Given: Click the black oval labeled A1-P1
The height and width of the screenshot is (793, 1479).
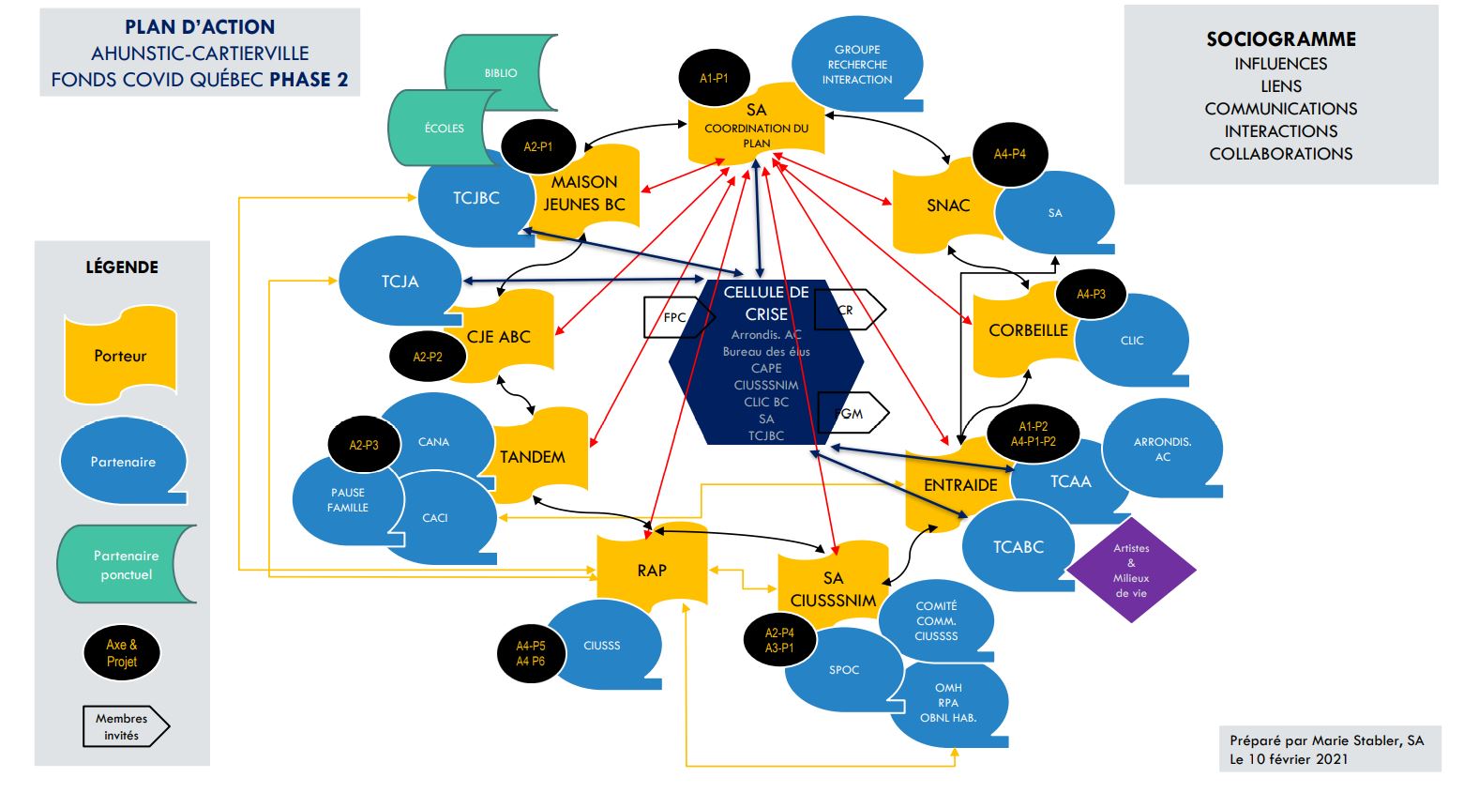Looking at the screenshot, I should pos(714,79).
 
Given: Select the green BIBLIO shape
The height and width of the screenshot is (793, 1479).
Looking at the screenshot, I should pos(501,72).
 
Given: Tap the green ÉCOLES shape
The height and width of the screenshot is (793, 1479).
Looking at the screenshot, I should pos(444,128).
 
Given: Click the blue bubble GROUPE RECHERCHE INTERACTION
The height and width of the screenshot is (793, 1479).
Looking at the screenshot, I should pos(857,65).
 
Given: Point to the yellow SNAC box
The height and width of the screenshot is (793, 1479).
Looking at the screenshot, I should pos(947,206).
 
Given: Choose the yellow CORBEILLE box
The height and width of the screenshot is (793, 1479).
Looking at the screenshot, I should pos(1027,330).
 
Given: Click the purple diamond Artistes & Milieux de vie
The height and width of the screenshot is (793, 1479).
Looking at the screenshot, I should pos(1131,570).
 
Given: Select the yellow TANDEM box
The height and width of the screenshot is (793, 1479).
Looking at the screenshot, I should pos(533,457).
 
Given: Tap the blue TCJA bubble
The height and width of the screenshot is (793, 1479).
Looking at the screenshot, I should pos(400,282).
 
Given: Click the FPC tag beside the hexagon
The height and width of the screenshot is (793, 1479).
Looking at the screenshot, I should pos(675,317).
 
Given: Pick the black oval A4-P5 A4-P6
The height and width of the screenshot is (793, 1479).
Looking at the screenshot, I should pos(530,653).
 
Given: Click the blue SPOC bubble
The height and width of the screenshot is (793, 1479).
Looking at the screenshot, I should pos(843,670).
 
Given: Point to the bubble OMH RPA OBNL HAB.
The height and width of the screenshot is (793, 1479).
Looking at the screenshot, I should pos(948,702).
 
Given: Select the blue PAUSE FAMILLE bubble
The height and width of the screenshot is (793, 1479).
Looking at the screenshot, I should pos(347,500).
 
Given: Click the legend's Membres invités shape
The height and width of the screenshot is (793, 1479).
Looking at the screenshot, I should pos(123,726).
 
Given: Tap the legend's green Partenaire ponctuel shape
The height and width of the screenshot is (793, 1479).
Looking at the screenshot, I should pos(127,565).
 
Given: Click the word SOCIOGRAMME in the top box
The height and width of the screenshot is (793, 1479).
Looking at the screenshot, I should pos(1280,39).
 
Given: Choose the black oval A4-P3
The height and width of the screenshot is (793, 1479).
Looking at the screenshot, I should pos(1090,295).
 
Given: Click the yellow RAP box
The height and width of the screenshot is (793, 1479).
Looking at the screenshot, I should pos(652,570).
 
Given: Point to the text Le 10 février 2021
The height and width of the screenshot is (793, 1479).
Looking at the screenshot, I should pos(1289,758).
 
